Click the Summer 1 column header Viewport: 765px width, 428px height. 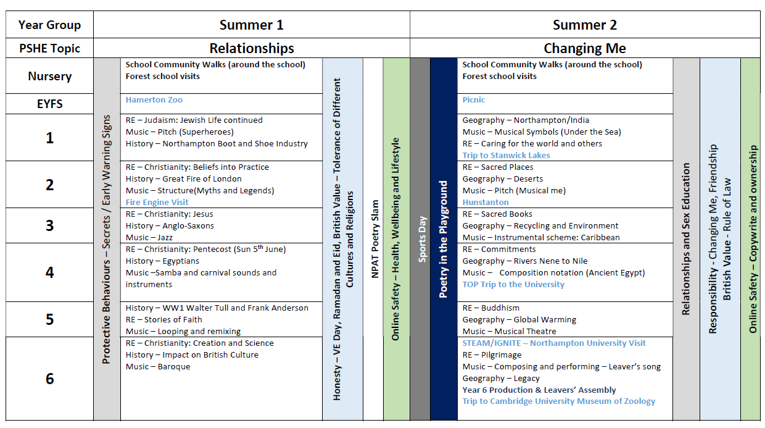point(251,25)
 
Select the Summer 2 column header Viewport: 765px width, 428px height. point(585,25)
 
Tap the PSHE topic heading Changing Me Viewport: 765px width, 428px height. point(585,48)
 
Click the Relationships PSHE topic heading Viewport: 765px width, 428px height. point(251,48)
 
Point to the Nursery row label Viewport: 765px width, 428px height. point(50,76)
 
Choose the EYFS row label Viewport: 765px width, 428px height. point(50,104)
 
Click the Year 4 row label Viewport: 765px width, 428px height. point(50,272)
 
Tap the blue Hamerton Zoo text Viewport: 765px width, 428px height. point(154,100)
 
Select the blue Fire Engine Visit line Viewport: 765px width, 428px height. point(157,203)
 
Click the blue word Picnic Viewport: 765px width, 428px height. point(473,100)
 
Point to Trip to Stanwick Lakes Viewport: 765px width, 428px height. point(506,155)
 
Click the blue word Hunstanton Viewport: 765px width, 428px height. point(486,203)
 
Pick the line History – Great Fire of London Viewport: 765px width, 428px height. point(183,178)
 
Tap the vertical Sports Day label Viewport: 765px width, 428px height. point(422,239)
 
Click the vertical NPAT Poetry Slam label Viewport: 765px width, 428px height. point(374,239)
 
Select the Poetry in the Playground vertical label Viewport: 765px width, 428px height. point(443,239)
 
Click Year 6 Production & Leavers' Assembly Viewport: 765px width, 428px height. point(539,390)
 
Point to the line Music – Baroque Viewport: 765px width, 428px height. point(158,366)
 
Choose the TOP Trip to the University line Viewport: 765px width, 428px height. point(513,285)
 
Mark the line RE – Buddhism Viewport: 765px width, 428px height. point(490,308)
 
